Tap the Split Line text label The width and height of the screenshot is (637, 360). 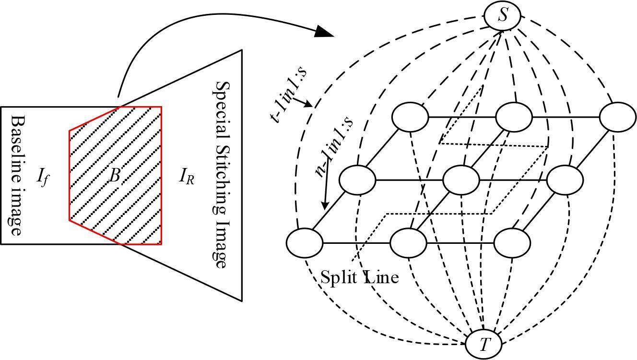pos(359,277)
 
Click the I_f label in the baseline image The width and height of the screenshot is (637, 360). pos(42,178)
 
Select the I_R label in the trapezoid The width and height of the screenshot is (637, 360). pos(186,178)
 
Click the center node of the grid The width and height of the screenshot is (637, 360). pos(461,180)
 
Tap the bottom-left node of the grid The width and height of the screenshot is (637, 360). pos(305,242)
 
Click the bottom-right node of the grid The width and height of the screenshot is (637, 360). pos(512,242)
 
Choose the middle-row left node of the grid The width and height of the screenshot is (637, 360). pos(357,180)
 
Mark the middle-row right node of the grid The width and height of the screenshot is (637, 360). pos(565,180)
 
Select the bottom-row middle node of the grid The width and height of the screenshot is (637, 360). pos(408,242)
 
